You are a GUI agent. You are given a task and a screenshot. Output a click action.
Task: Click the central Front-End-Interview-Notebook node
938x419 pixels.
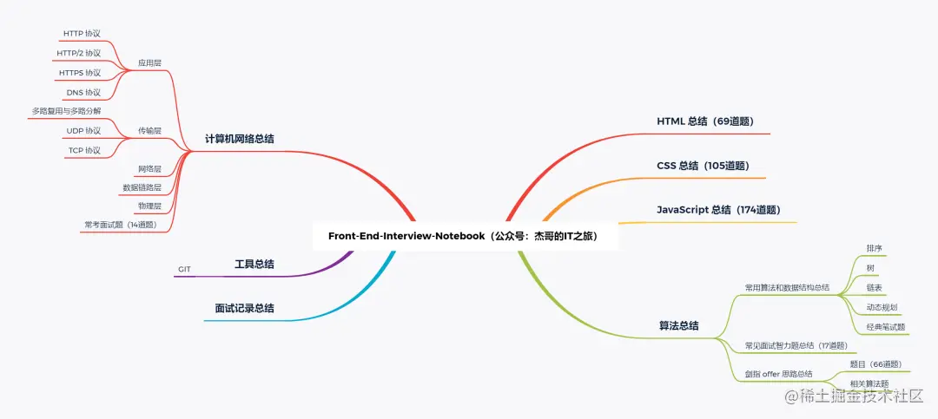tap(463, 236)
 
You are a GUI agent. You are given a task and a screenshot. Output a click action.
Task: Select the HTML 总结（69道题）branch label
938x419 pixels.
tap(704, 121)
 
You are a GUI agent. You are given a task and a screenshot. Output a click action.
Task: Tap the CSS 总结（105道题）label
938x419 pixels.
tap(703, 166)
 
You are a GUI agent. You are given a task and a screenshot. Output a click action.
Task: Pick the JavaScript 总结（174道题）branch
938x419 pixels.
tap(718, 210)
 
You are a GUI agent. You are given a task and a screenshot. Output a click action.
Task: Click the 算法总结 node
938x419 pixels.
tap(678, 326)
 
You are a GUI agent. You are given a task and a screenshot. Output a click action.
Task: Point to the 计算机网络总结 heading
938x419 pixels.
tap(240, 139)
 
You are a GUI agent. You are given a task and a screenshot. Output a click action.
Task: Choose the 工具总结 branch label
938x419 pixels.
tap(254, 265)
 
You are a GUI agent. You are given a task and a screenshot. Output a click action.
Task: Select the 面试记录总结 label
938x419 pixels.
tap(244, 309)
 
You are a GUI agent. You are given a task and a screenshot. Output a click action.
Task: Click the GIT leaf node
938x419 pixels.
tap(184, 270)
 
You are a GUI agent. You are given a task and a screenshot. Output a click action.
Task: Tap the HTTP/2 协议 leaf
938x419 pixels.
tap(78, 53)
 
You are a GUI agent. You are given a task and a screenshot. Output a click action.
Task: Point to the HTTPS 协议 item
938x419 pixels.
tap(80, 73)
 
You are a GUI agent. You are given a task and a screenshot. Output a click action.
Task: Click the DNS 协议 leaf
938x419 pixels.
tap(83, 93)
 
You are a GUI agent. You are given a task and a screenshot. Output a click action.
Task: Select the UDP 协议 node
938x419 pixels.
tap(83, 130)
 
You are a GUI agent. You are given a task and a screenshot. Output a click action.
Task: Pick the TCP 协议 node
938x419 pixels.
tap(84, 150)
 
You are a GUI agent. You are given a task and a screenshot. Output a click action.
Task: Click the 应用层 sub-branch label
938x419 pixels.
tap(149, 62)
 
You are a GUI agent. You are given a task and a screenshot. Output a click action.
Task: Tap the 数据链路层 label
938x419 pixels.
tap(142, 187)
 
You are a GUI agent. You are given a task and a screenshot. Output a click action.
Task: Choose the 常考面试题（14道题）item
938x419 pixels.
tap(120, 226)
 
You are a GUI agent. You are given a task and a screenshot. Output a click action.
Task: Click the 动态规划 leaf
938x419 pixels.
tap(882, 307)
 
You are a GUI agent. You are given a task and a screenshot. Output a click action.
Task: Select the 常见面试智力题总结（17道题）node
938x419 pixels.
tap(796, 345)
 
